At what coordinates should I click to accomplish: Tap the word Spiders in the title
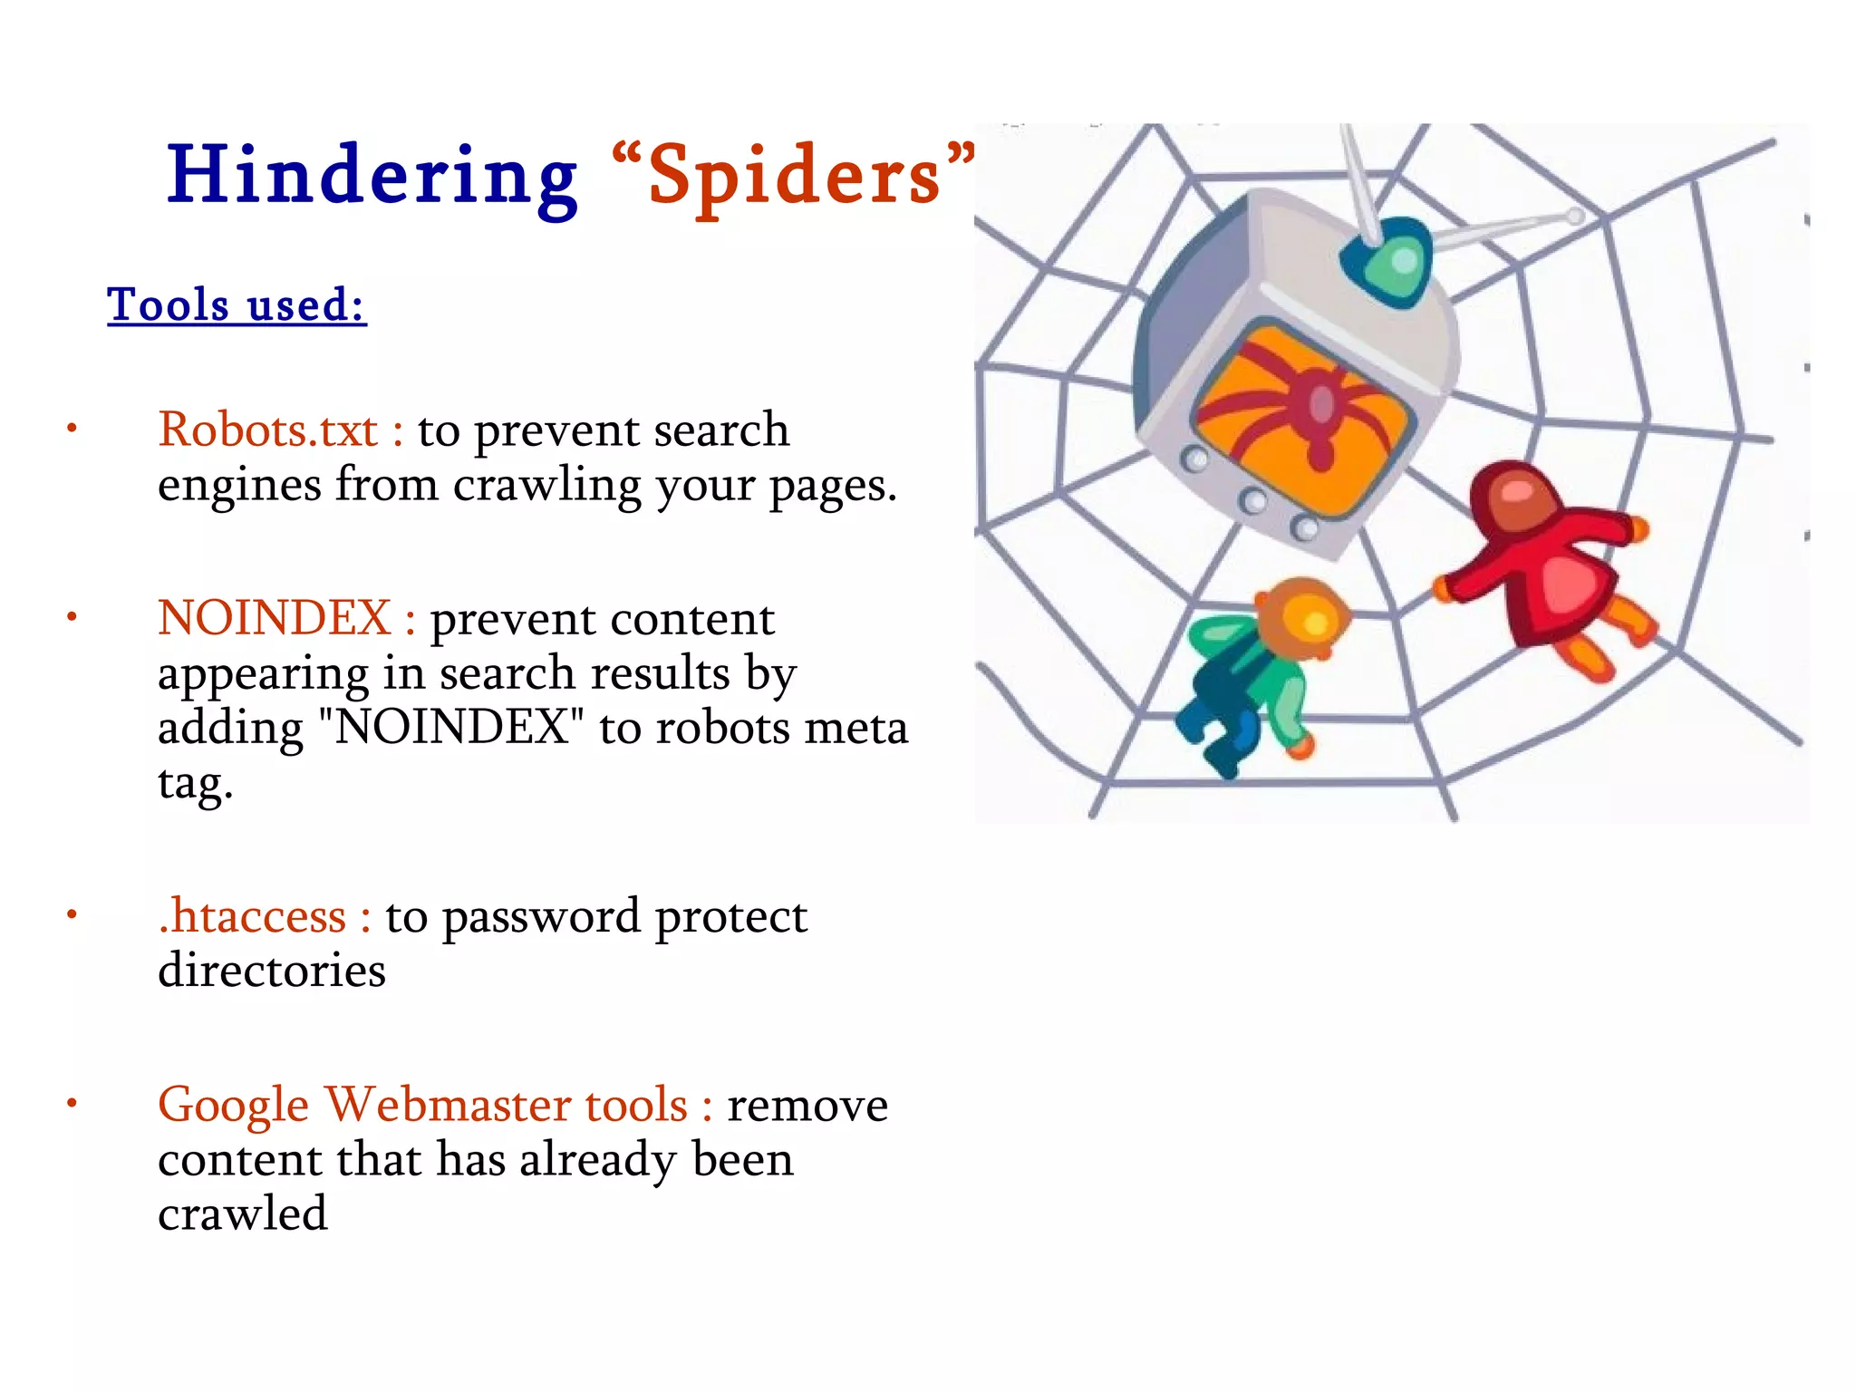795,177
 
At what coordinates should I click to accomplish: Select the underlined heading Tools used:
237,304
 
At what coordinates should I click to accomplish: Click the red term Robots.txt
267,430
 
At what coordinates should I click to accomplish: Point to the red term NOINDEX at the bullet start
274,618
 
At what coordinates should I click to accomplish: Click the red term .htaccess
252,916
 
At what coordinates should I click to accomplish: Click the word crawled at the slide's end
242,1213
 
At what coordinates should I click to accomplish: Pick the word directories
272,971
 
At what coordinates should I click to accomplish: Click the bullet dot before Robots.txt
72,429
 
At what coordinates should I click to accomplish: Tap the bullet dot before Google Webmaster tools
72,1103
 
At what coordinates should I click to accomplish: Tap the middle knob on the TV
1253,499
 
